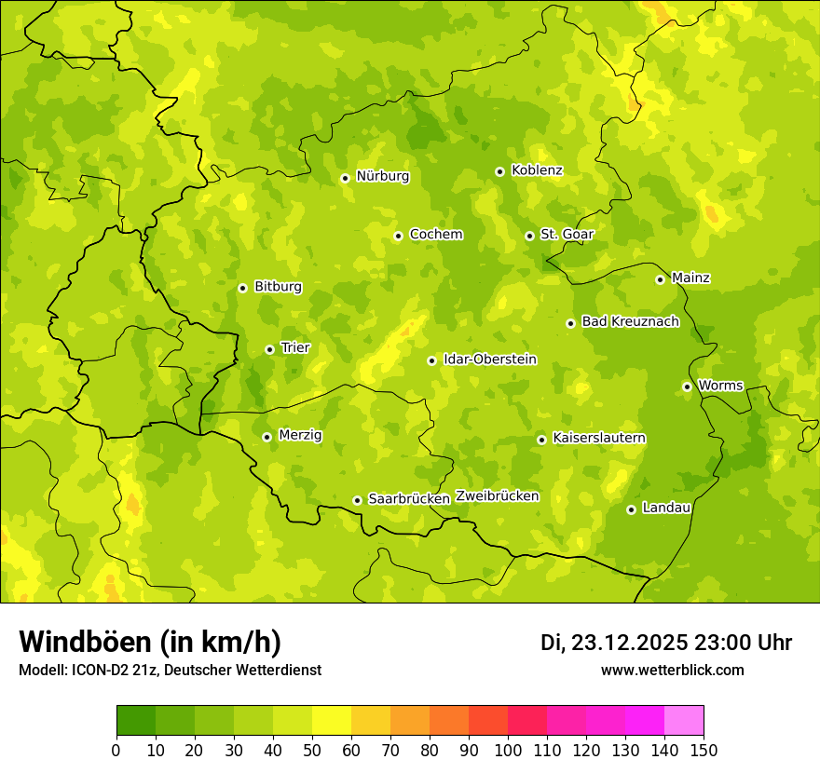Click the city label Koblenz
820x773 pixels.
point(537,170)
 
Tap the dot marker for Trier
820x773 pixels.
point(269,349)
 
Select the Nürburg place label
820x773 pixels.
point(382,176)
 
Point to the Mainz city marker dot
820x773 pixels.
point(660,279)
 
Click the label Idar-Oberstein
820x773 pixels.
point(490,359)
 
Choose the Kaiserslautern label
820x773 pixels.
point(599,438)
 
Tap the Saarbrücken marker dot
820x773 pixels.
point(357,500)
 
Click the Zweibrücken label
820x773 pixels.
point(497,495)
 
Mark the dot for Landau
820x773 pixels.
point(631,509)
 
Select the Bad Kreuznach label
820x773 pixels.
point(630,321)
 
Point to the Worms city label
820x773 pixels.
point(720,386)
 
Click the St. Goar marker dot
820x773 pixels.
point(529,236)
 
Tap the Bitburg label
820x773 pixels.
point(278,287)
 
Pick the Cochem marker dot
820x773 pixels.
point(398,236)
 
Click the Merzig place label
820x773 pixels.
point(300,435)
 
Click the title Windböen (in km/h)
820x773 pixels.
point(150,642)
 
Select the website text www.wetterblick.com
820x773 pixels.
point(672,671)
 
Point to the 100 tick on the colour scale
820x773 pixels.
point(508,750)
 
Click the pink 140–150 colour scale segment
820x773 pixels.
point(684,721)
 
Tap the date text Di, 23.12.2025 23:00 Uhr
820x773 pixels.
point(666,643)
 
